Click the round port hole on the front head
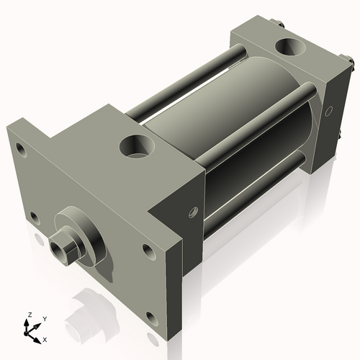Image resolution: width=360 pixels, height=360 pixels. (137, 146)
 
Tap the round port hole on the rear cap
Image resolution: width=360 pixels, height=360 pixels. (291, 47)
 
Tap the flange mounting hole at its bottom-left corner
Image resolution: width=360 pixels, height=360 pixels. (35, 217)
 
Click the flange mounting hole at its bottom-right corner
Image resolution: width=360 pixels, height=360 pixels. (152, 318)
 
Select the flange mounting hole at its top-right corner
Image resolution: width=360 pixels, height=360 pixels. (148, 251)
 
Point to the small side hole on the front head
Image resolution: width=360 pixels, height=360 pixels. (193, 212)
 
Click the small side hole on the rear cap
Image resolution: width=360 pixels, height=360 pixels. (328, 111)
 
